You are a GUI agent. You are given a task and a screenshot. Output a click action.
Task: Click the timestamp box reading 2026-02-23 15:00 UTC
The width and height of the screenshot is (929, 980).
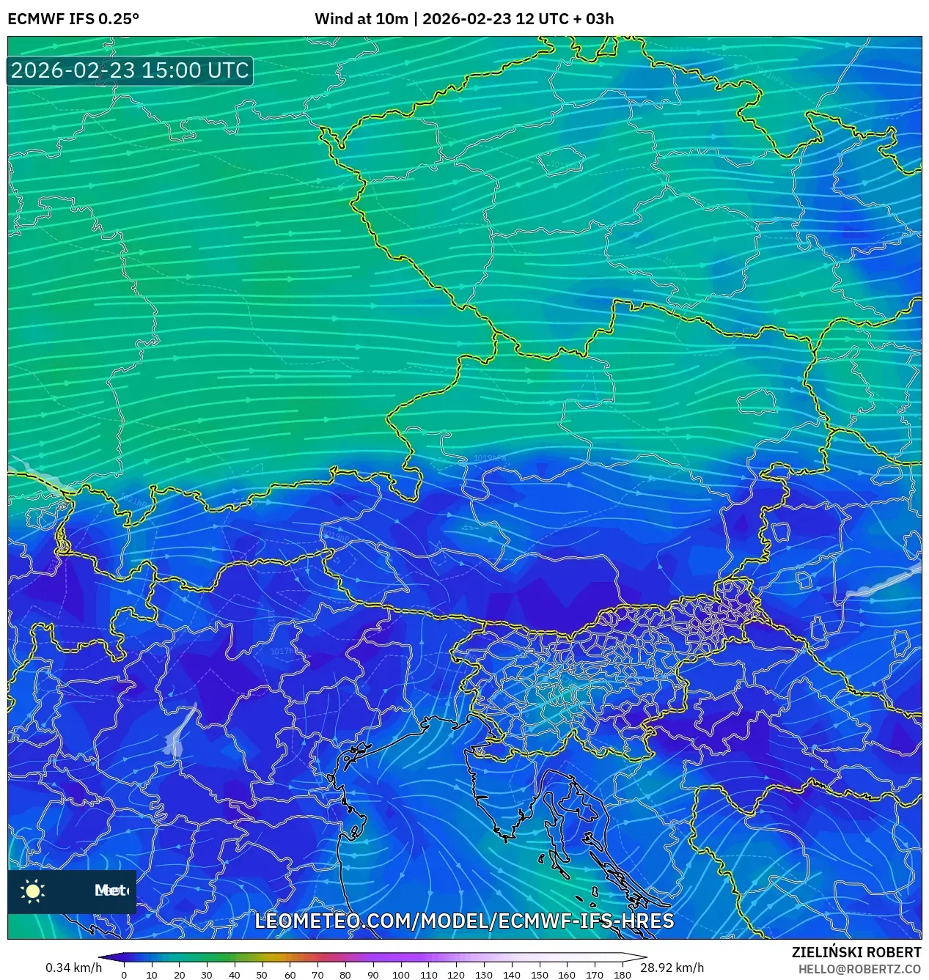coord(130,70)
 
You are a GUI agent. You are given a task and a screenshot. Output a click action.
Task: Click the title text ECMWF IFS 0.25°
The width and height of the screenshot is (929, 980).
coord(73,19)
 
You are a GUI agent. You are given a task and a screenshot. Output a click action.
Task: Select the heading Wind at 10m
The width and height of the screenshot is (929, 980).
coord(361,19)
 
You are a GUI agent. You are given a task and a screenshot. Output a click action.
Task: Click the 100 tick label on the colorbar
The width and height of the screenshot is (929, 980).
coord(400,975)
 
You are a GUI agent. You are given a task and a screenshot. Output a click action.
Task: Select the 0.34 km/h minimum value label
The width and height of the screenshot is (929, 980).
coord(73,968)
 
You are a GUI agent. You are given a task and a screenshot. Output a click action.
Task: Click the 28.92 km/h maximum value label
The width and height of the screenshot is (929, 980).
coord(672,968)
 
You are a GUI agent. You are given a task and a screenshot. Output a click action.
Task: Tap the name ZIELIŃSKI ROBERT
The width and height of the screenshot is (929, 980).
coord(856,952)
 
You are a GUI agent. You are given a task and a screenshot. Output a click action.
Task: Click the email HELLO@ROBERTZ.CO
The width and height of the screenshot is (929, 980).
coord(859,969)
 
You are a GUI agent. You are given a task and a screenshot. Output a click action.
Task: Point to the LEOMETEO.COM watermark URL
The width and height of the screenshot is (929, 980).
coord(464,921)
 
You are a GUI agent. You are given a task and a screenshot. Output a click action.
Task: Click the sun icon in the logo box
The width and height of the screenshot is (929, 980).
coord(33,891)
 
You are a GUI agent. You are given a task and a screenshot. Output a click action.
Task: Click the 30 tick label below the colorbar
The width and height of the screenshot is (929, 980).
coord(207,975)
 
